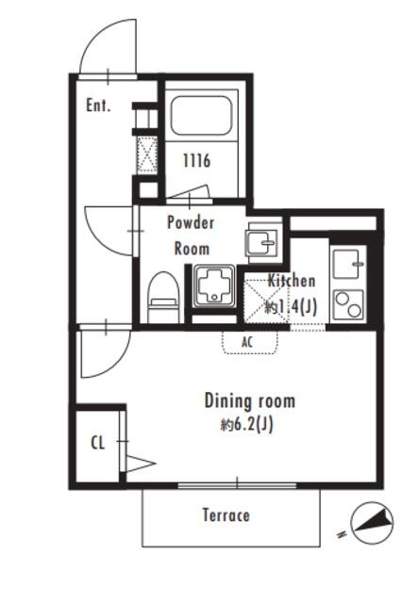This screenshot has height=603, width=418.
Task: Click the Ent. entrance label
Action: coord(98,105)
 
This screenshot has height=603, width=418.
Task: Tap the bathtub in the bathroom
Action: coord(201,115)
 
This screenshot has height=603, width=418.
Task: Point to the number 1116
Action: coord(196,160)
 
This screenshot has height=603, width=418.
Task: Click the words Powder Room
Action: coord(192,236)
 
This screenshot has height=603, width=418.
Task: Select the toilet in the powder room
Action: coord(164,298)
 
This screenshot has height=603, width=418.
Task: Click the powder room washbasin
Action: coord(262,242)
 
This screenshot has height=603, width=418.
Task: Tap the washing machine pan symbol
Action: coord(214,285)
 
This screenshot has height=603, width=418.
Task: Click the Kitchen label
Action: coord(292,281)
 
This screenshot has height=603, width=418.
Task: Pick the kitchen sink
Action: coord(349,264)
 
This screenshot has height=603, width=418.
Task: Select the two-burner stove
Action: coord(349,304)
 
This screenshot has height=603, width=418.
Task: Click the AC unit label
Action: coord(247,342)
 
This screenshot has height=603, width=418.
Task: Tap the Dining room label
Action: coord(250,400)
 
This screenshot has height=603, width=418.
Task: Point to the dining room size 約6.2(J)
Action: coord(247,425)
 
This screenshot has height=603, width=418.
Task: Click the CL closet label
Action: coord(98,443)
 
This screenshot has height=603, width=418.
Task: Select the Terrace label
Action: coord(226,515)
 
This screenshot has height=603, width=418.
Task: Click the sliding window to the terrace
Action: coord(237,486)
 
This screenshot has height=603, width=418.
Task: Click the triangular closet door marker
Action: coord(140,464)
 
